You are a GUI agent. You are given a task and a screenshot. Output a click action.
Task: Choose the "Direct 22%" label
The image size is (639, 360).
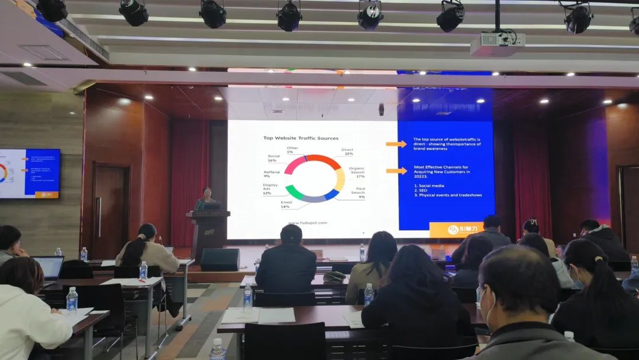pyautogui.click(x=347, y=152)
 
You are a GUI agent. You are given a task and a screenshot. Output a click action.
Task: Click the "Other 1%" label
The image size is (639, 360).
pyautogui.click(x=292, y=150)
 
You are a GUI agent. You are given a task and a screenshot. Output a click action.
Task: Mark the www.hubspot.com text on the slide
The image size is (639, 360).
pyautogui.click(x=308, y=223)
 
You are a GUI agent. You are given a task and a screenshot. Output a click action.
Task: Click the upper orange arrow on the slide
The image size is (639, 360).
pyautogui.click(x=396, y=144)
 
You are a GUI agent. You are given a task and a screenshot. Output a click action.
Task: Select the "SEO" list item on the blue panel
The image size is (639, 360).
pyautogui.click(x=421, y=189)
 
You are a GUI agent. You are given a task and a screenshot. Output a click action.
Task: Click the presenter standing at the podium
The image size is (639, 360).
pyautogui.click(x=206, y=200)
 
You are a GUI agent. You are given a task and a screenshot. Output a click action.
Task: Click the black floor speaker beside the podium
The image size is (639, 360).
pyautogui.click(x=220, y=259)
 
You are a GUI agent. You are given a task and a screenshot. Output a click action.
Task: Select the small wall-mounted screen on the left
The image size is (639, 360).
pyautogui.click(x=30, y=173)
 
